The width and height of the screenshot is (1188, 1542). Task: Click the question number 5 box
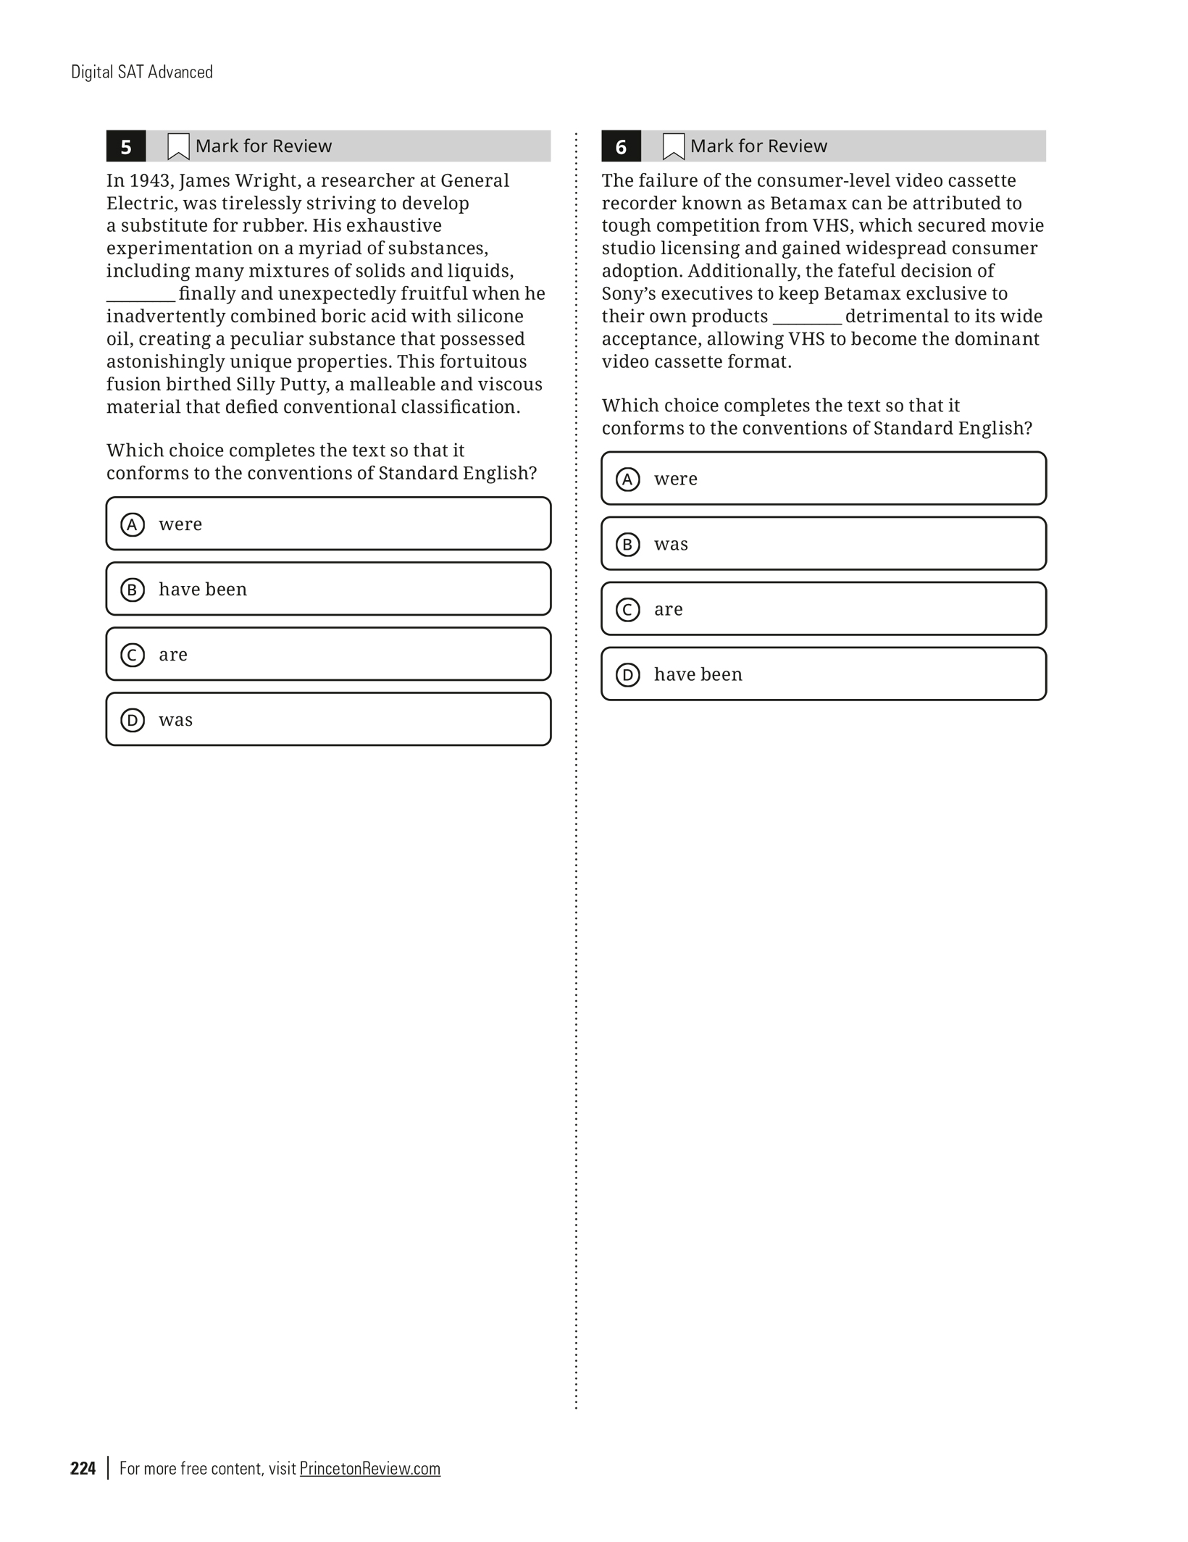[x=125, y=146]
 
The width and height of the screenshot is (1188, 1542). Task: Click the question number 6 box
[x=621, y=146]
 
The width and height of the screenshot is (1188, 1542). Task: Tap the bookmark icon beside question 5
[x=178, y=146]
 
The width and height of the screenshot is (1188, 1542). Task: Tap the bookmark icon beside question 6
[x=673, y=146]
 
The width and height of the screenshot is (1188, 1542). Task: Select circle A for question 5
[x=133, y=524]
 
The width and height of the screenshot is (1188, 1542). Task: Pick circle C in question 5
[x=133, y=655]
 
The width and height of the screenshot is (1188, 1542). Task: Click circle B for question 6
[x=628, y=545]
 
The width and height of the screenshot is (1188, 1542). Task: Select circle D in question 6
[x=628, y=675]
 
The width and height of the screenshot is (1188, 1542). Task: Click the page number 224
[x=83, y=1468]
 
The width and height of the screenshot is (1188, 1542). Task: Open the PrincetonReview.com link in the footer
[x=369, y=1468]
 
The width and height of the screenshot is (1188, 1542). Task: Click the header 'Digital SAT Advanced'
[x=142, y=72]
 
